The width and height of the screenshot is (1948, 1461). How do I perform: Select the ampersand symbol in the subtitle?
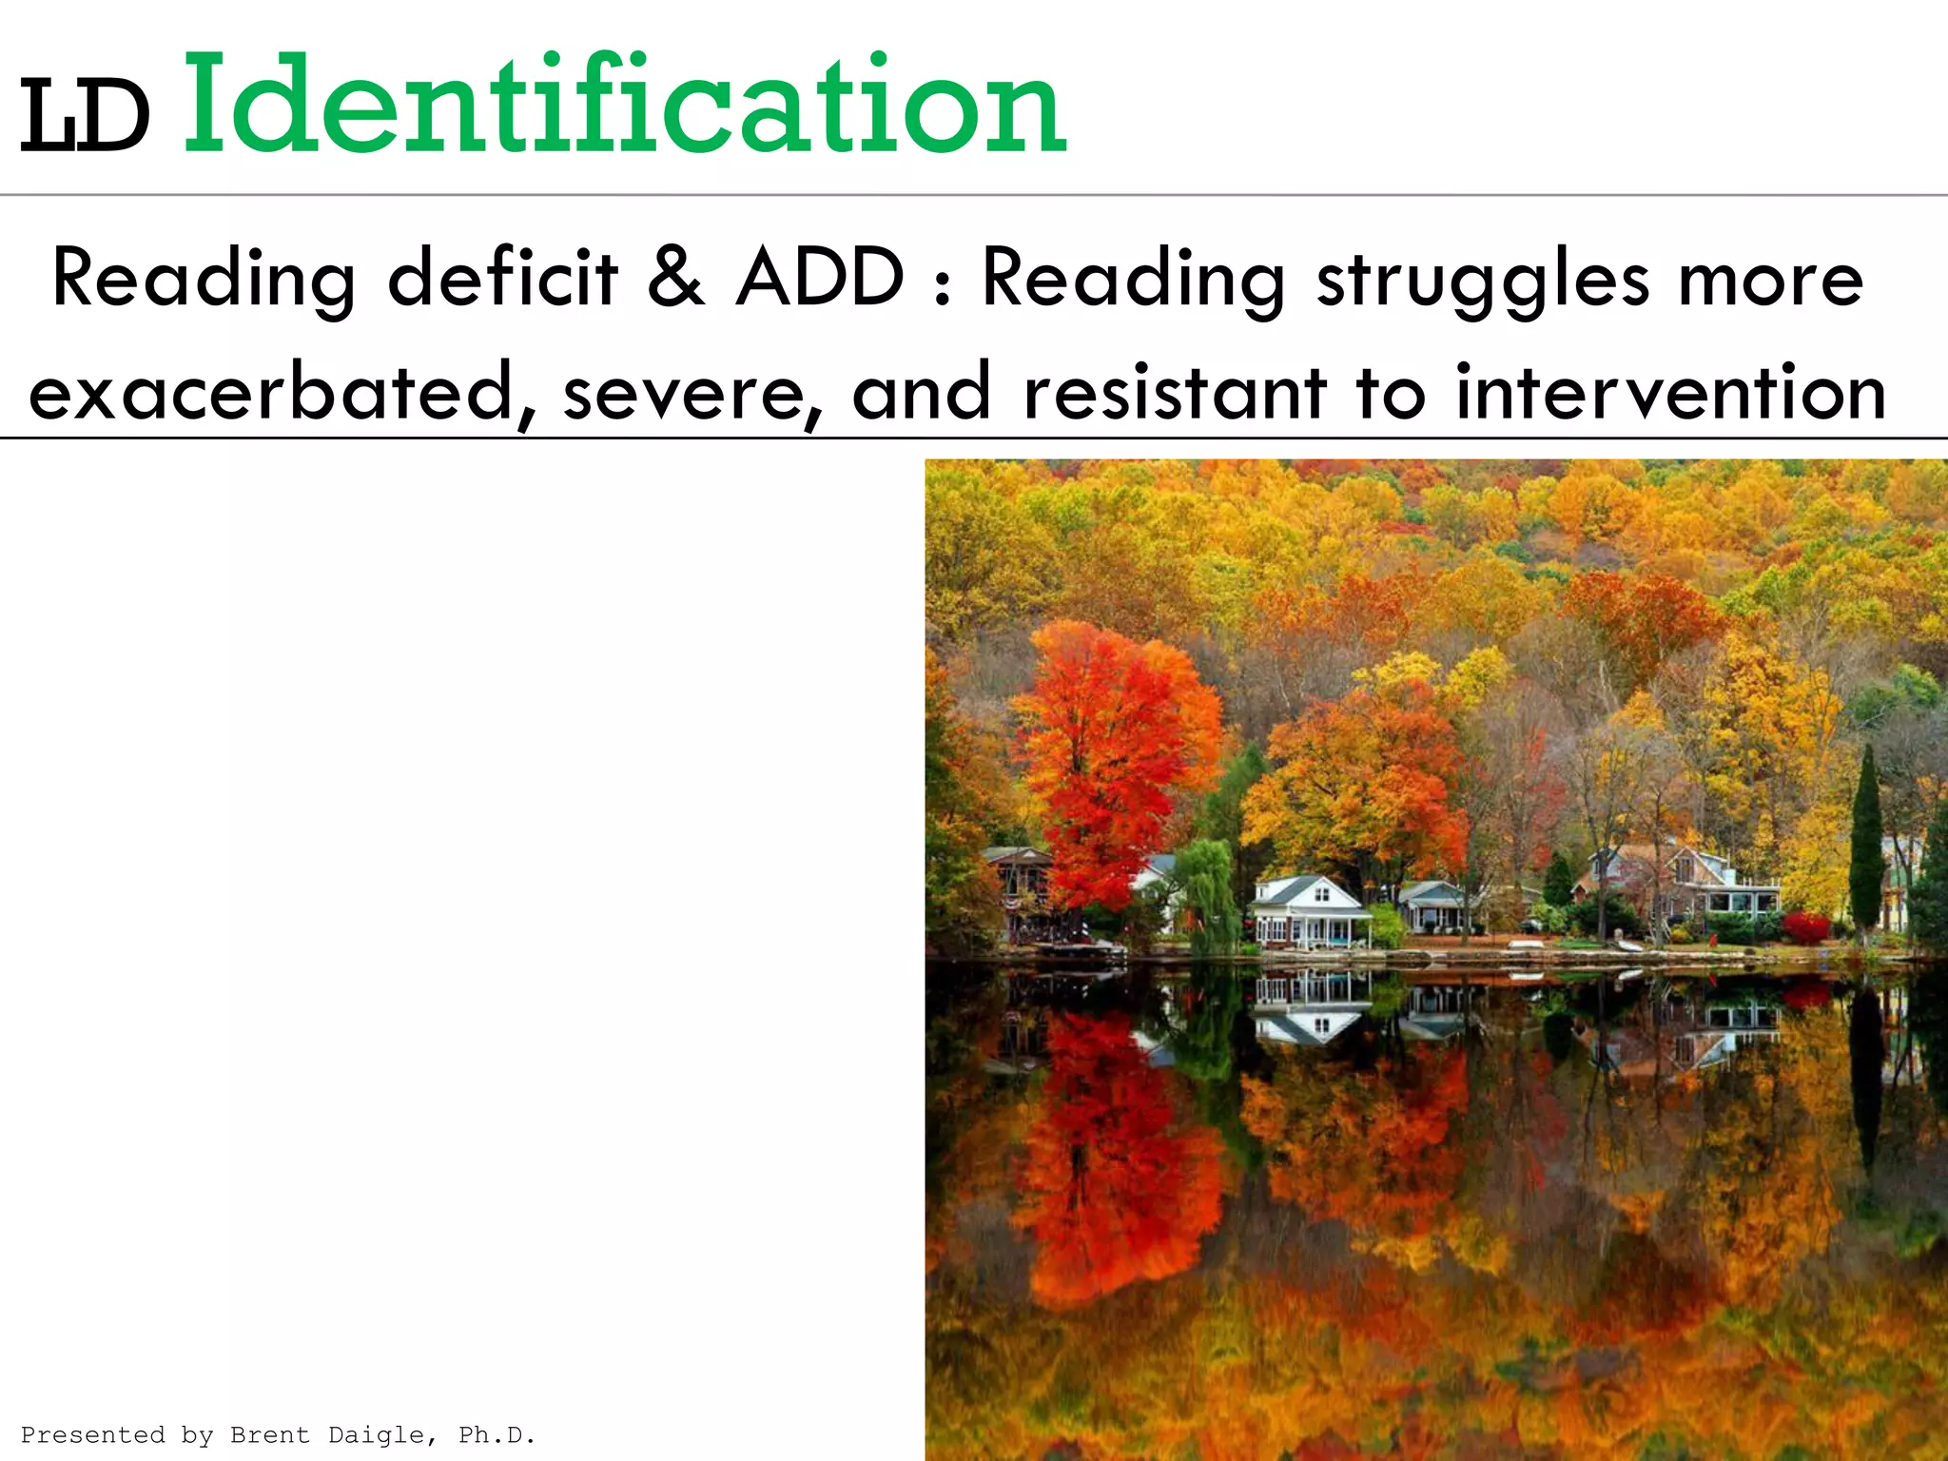[676, 278]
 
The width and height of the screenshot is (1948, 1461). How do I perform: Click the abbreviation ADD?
[820, 278]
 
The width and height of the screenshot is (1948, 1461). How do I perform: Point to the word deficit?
[503, 278]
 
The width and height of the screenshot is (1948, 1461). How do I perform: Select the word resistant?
[1175, 393]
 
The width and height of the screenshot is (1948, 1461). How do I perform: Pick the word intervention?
[1670, 393]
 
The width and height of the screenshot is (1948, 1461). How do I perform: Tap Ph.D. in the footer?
[497, 1434]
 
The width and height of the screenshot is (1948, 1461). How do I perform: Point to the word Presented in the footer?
[92, 1434]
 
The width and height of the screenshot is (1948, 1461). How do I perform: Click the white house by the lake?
[1311, 913]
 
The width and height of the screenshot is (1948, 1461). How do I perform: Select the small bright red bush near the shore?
[1805, 927]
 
